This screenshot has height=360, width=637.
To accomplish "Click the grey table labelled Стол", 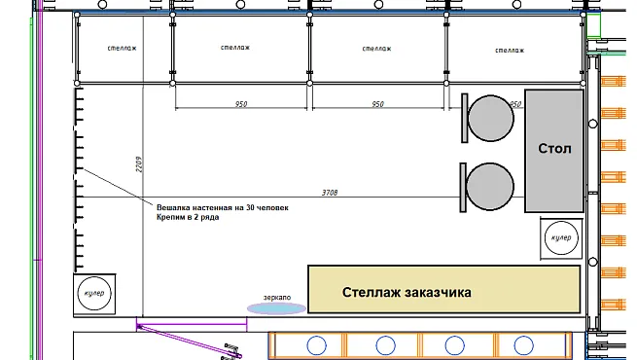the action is coord(554,151).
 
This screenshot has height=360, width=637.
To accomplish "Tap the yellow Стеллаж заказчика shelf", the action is coord(444,289).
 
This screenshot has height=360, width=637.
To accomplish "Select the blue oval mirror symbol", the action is coord(276,308).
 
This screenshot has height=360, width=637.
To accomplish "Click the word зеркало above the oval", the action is coord(277,298).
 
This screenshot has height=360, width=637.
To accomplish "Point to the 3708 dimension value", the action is coord(330,193).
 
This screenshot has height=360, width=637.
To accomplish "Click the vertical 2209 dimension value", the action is coord(139,164).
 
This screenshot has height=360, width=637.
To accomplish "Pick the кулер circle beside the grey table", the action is coord(561,237).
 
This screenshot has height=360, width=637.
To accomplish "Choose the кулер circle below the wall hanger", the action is coord(94,294).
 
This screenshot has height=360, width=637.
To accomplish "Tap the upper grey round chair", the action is coord(491,119).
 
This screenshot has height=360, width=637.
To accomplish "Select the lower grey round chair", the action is coord(490,187).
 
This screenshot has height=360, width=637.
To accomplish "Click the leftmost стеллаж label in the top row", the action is coord(122,49).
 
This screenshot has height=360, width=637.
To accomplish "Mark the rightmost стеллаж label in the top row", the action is coord(510,51).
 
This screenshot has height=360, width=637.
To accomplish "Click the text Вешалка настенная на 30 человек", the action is coord(223,207).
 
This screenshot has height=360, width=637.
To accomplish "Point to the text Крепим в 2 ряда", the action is coord(188,217).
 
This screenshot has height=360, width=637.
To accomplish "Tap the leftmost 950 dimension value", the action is coord(241,104).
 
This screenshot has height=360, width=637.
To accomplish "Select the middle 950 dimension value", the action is coord(377,104).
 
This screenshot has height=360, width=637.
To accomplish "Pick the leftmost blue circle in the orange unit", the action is coord(316,345).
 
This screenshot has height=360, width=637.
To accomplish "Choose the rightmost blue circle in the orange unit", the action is coord(523,345).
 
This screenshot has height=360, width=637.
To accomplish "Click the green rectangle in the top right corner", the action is coord(593,25).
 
